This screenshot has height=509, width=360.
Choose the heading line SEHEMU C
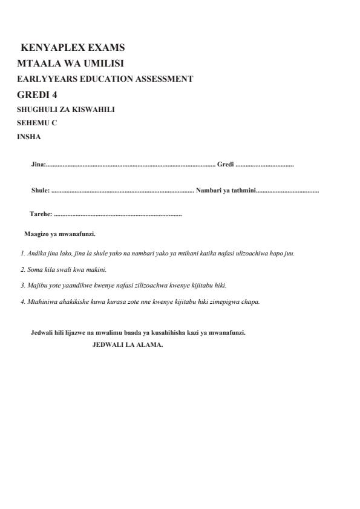tap(37, 123)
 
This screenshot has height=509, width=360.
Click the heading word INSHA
tap(29, 136)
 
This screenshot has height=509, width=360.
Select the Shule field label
tap(40, 191)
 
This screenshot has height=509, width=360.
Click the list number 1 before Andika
tap(22, 253)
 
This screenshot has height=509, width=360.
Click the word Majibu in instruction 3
tap(38, 285)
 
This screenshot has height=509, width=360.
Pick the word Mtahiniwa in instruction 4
tap(42, 301)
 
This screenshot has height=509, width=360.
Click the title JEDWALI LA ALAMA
tap(128, 345)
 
